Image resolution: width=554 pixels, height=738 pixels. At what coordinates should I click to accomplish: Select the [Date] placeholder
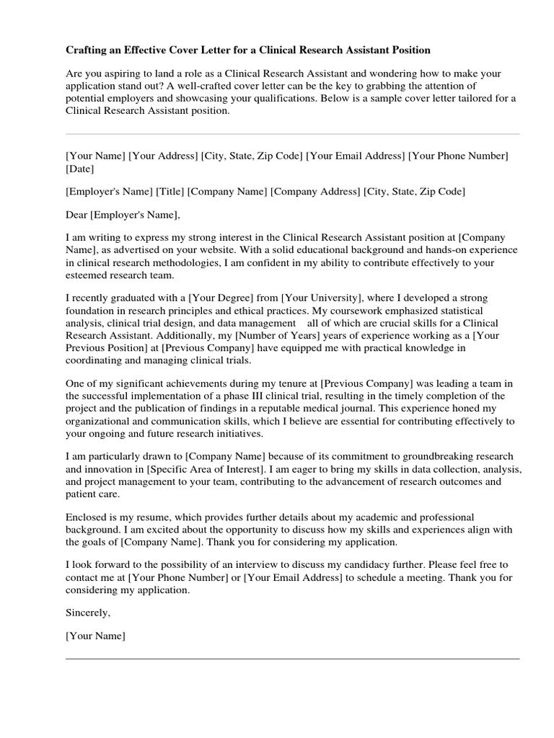coord(79,169)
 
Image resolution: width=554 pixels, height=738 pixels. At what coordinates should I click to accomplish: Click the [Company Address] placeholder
coord(315,192)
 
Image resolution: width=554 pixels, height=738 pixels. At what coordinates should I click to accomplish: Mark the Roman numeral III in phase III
coord(252,397)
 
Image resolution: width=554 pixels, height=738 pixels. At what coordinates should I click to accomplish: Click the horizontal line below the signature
coord(292,659)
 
